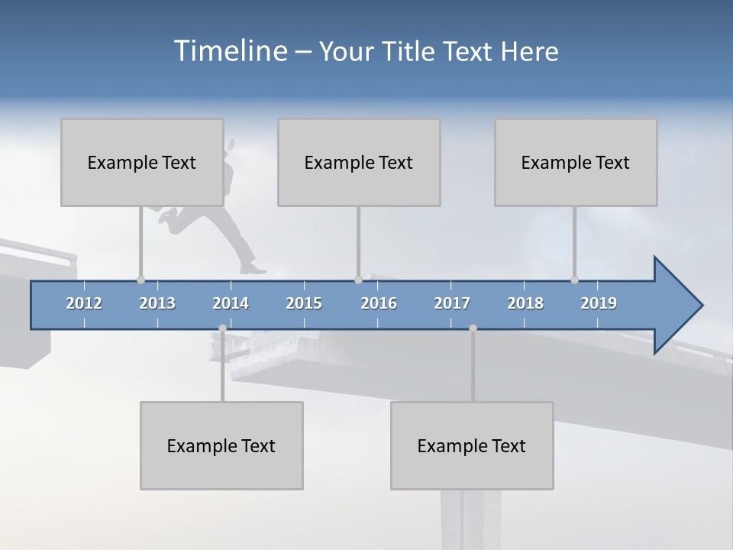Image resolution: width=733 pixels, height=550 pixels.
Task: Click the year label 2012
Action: tap(84, 303)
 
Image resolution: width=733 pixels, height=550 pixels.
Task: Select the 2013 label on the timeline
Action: tap(157, 303)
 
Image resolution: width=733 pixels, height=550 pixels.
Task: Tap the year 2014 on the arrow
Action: tap(231, 303)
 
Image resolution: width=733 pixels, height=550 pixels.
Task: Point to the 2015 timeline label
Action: tap(304, 303)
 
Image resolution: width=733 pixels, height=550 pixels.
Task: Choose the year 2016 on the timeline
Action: tap(379, 303)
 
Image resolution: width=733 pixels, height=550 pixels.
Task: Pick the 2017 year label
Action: tap(452, 303)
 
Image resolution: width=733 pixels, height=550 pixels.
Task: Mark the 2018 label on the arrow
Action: tap(525, 303)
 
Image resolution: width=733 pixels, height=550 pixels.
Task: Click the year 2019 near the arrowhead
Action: tap(599, 303)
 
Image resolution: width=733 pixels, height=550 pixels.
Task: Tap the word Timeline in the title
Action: tap(230, 51)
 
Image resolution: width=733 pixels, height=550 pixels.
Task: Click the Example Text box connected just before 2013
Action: tap(142, 163)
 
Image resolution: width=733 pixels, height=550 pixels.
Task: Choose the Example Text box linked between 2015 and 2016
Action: tap(359, 163)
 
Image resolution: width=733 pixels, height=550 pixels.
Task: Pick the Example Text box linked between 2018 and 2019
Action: tap(576, 163)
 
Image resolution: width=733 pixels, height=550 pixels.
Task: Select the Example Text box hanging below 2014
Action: tap(221, 446)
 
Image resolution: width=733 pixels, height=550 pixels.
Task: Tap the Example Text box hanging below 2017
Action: tap(472, 446)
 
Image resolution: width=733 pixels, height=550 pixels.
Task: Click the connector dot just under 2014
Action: tap(222, 328)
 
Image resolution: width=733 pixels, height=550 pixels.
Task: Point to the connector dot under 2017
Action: tap(473, 328)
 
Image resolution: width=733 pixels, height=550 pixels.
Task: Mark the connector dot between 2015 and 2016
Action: tap(358, 280)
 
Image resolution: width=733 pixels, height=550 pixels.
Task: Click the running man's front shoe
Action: tap(253, 268)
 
